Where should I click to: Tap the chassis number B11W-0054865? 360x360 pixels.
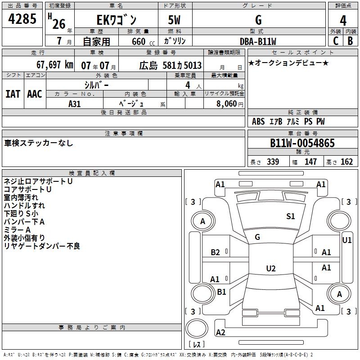pos(302,144)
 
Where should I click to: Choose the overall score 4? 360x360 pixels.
pos(343,21)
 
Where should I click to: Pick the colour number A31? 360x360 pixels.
pos(75,103)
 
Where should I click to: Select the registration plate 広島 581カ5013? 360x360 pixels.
pos(170,65)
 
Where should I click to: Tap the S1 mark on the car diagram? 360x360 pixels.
pos(291,216)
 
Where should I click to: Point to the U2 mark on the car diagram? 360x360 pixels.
pos(270,269)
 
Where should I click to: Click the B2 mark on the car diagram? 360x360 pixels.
pos(215,252)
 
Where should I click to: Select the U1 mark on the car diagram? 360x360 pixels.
pos(347,240)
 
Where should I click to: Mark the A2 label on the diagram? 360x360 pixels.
pos(220,333)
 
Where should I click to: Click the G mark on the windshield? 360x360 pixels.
pos(257,237)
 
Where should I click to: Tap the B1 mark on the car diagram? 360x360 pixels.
pos(221,292)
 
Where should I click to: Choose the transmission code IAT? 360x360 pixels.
pos(13,94)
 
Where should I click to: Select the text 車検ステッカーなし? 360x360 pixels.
pos(39,143)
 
